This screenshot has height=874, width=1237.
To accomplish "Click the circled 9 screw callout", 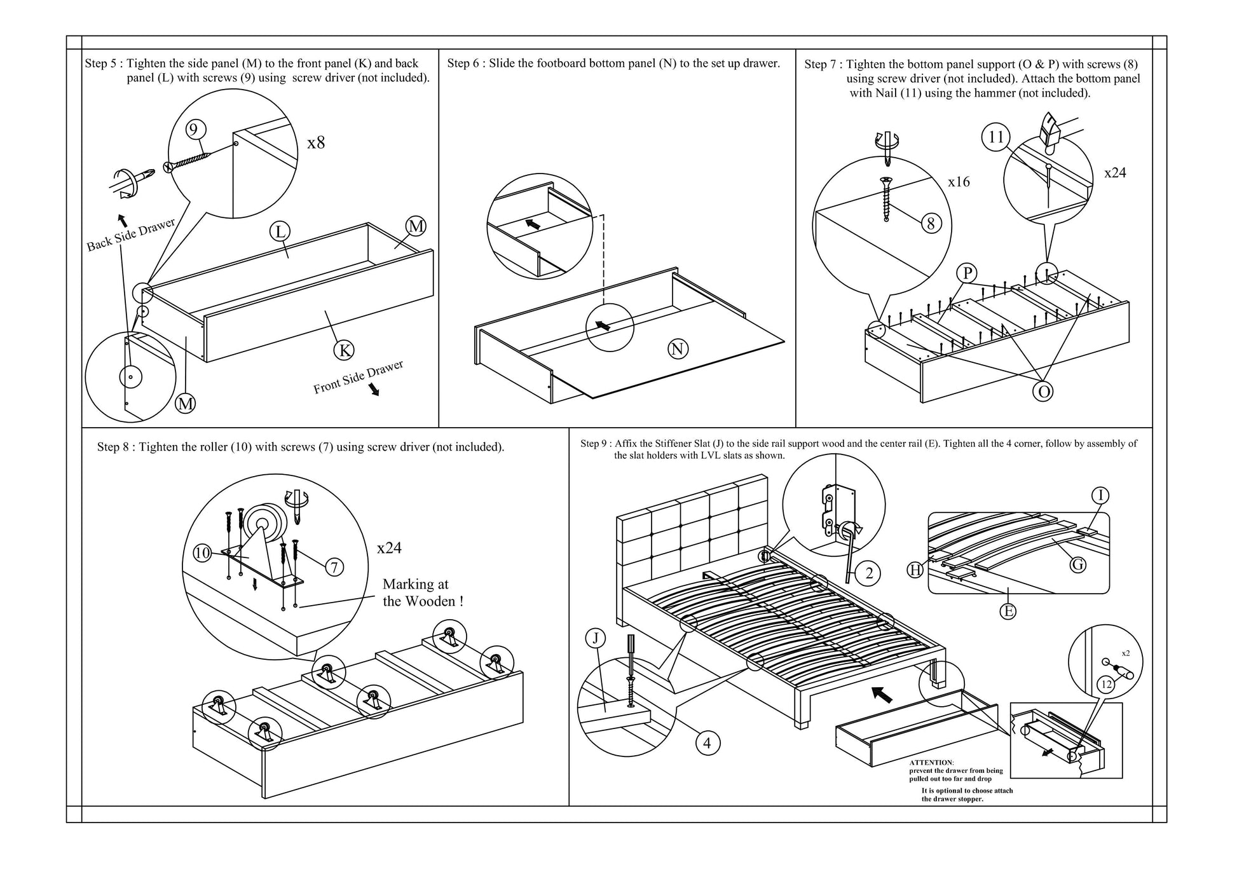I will tap(194, 130).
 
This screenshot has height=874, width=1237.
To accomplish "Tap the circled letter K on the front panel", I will tap(344, 350).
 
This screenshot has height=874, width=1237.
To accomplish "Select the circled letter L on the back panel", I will tap(280, 232).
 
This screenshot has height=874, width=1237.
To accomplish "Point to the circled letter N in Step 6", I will tap(678, 348).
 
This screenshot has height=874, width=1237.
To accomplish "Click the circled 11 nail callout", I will tap(996, 137).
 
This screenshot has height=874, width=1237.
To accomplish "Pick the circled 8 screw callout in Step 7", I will tap(931, 223).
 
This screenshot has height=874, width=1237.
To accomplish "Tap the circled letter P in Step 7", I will tap(967, 273).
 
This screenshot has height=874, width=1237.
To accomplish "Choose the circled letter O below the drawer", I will tap(1043, 392).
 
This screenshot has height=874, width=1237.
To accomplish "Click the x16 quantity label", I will tap(959, 182).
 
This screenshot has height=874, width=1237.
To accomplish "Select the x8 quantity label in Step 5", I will tap(316, 142).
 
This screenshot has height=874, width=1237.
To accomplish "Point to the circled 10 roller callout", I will tap(202, 553).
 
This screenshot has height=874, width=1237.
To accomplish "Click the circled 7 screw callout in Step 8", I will tap(334, 567).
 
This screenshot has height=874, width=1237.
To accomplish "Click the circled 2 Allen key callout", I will tap(868, 573).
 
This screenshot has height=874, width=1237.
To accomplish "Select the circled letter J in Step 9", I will tap(595, 638).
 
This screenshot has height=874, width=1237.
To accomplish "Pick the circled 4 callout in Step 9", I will tap(707, 742).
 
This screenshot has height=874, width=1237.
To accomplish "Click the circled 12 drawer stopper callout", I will tap(1107, 685).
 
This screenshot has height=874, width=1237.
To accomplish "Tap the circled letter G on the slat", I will tap(1077, 564).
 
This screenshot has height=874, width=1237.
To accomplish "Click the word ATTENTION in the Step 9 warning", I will tap(931, 762).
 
